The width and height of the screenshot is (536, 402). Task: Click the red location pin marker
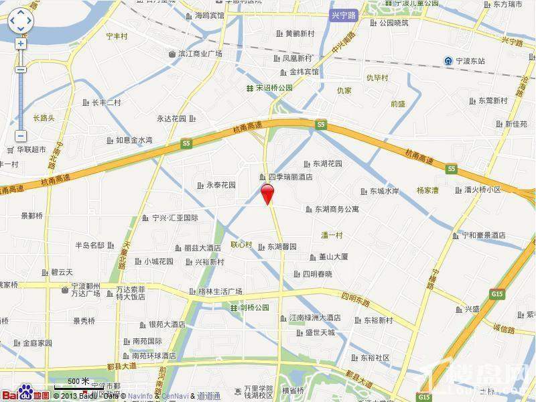coord(267,194)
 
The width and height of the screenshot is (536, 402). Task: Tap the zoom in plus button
coord(21,44)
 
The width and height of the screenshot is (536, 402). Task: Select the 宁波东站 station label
coord(470,61)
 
